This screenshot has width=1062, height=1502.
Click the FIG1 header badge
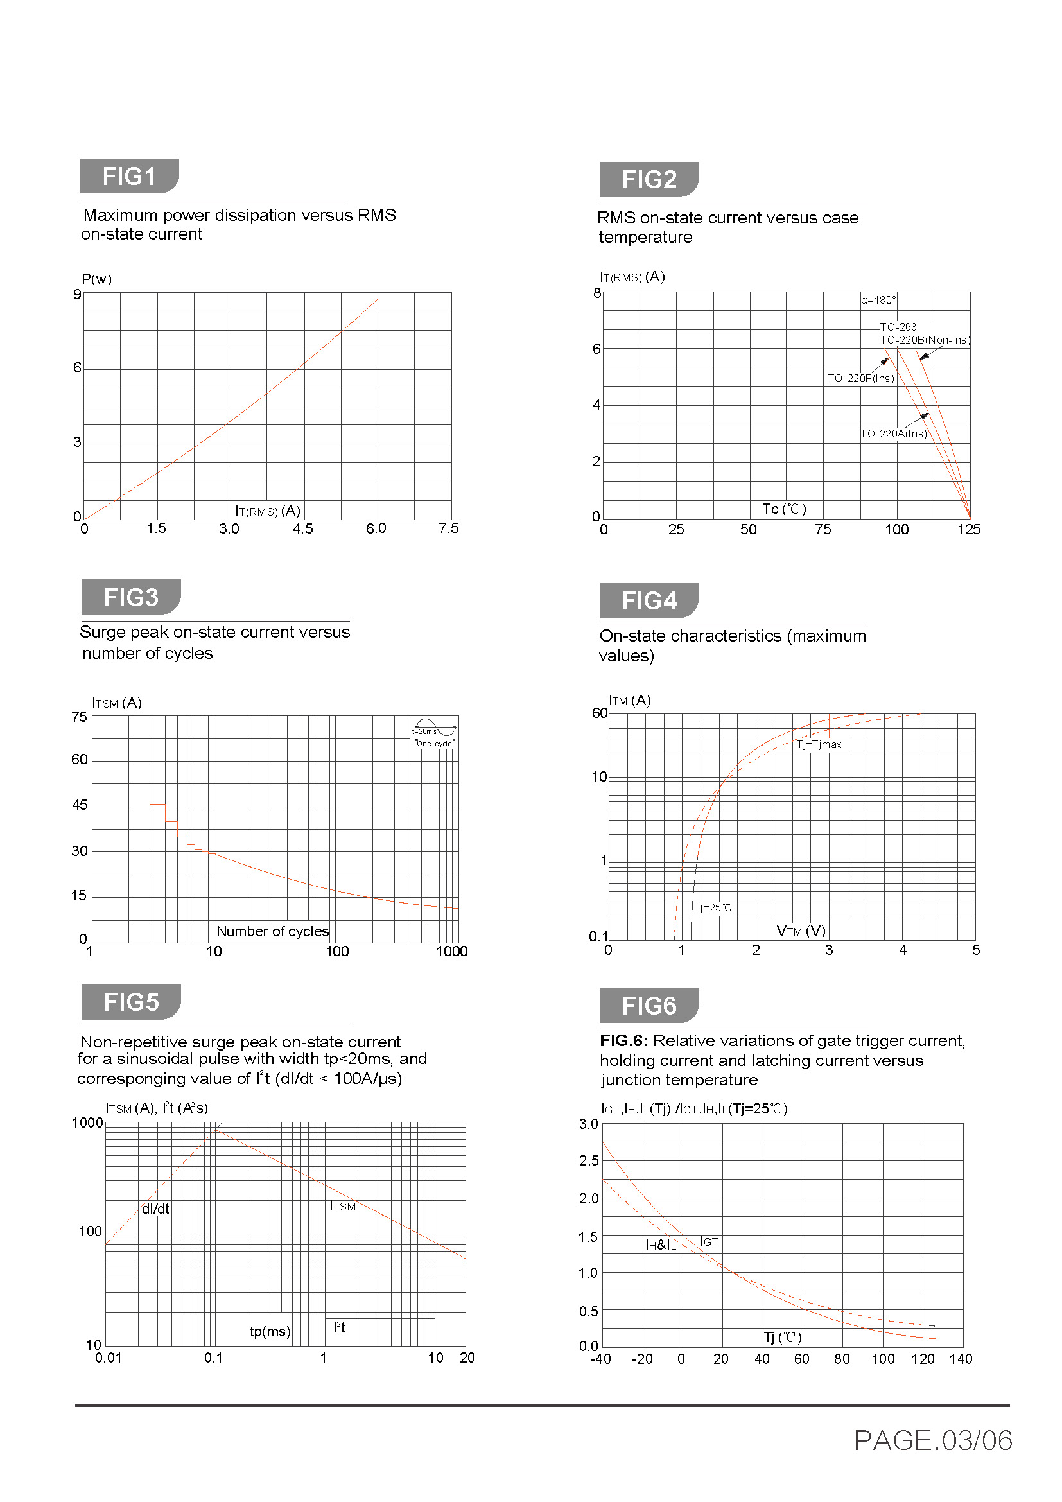pos(129,176)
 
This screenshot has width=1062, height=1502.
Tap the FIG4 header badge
pos(648,600)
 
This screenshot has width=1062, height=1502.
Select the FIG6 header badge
pos(648,1006)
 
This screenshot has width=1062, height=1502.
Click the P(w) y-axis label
pos(96,279)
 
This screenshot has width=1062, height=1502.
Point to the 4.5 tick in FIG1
pos(303,528)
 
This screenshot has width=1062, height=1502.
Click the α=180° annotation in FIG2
pos(878,301)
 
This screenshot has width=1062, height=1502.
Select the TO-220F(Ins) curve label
pos(860,378)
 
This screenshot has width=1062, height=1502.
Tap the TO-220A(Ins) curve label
pos(893,433)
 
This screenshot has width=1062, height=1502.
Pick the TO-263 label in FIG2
pos(898,327)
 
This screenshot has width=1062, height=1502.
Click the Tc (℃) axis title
pos(784,509)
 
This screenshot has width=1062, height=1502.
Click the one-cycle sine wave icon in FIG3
pos(434,732)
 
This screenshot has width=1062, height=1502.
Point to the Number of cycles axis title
pos(272,931)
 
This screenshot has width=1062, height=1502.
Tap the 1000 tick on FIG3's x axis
pos(452,951)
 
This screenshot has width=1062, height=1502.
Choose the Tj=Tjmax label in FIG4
pos(819,744)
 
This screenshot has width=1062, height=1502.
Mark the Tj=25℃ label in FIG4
pos(713,907)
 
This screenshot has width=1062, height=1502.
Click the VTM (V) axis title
pos(801,930)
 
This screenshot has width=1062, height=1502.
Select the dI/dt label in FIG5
pos(155,1209)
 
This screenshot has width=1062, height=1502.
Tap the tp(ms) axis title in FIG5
pos(270,1331)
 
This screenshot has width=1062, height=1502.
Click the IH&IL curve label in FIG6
pos(661,1245)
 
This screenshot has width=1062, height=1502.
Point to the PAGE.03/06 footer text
pos(932,1440)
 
